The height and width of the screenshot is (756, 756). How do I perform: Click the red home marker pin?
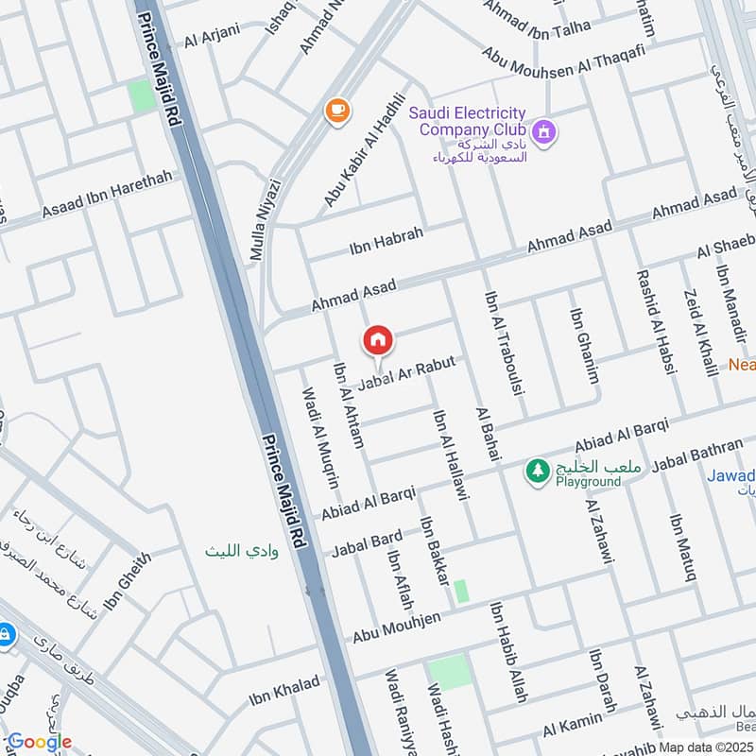coord(378,340)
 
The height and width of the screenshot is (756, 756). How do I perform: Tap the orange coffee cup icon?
coord(335,111)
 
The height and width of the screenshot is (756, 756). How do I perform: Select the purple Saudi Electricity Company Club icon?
coord(543,132)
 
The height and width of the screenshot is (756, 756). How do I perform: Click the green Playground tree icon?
coord(538,470)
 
